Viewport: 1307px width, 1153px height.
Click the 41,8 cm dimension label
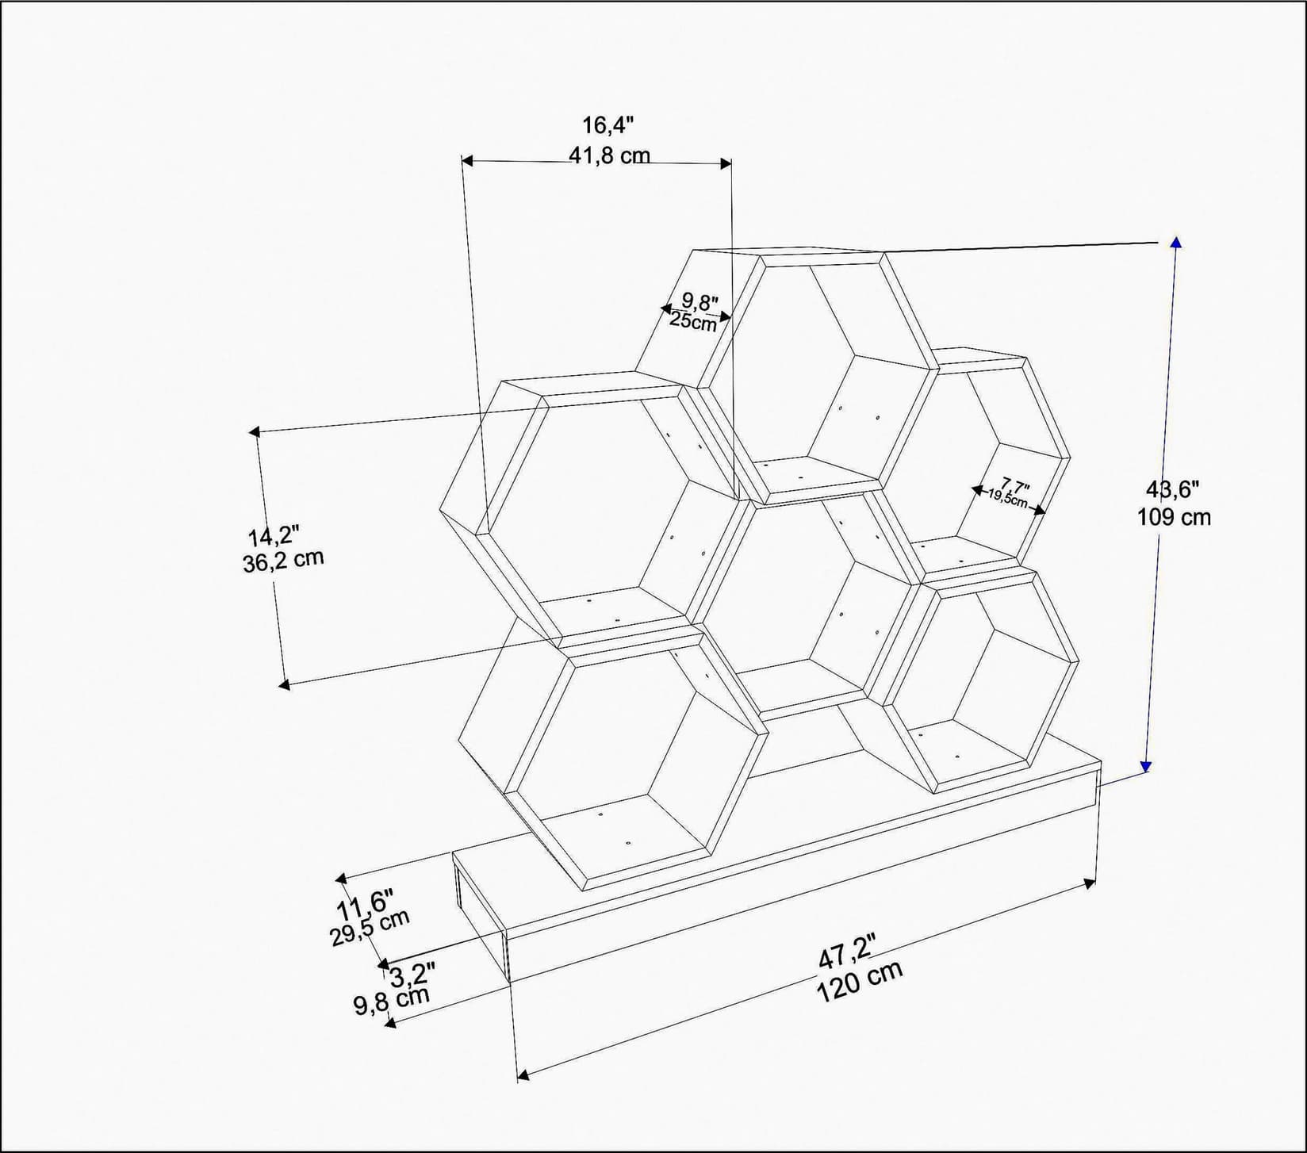[608, 155]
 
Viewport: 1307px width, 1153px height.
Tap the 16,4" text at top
[608, 125]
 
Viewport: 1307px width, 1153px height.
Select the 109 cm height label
[1174, 518]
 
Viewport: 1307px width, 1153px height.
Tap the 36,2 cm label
[283, 561]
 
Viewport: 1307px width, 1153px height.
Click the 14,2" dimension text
[273, 535]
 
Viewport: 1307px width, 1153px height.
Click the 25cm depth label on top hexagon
[692, 321]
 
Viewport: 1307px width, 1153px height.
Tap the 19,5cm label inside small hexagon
[1007, 499]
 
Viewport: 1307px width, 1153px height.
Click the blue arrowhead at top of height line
[1175, 242]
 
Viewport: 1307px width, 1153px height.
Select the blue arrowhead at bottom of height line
[1145, 766]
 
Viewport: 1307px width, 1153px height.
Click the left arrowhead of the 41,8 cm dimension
[466, 161]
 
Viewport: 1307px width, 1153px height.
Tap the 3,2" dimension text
[412, 975]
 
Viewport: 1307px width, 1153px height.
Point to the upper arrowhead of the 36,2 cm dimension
[254, 431]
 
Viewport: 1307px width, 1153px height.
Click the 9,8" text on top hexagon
[699, 302]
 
